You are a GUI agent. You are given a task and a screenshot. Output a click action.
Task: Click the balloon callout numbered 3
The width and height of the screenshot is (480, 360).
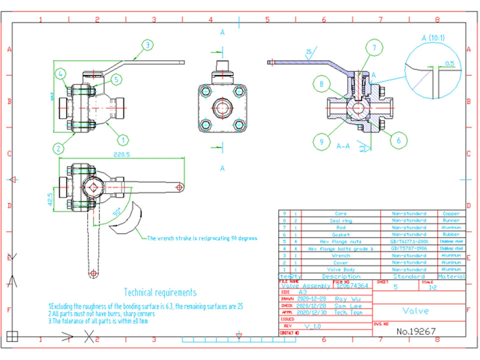[x=148, y=45]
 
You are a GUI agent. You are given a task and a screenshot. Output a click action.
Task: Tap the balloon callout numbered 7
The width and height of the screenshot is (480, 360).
[x=374, y=48]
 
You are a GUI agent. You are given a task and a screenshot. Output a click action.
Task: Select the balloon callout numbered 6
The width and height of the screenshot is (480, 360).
[x=399, y=141]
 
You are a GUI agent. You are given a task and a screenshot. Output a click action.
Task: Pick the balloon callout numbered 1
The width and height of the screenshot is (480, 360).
[x=123, y=140]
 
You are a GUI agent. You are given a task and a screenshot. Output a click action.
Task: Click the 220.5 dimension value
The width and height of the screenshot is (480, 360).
[x=122, y=154]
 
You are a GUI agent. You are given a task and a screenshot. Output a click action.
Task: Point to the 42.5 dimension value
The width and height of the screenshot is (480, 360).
[x=50, y=199]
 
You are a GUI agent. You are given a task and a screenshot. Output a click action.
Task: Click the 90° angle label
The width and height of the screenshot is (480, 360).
[x=117, y=212]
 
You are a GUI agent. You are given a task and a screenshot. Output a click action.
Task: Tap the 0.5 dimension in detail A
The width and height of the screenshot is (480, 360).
[x=449, y=63]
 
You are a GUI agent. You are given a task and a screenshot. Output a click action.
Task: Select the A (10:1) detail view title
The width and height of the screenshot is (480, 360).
[x=433, y=38]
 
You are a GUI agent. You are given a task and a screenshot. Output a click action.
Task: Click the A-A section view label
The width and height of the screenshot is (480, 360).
[x=343, y=146]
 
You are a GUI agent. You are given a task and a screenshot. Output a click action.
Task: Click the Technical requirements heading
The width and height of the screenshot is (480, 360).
[x=160, y=293]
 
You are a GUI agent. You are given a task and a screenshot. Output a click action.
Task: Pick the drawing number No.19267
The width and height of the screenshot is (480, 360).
[x=416, y=331]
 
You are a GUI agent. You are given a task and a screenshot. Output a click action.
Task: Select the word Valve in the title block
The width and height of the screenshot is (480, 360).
[x=416, y=311]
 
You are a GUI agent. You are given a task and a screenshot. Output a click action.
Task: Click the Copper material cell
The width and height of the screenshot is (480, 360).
[x=451, y=214]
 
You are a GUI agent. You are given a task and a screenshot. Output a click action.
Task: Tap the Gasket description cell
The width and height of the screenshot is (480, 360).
[x=340, y=234]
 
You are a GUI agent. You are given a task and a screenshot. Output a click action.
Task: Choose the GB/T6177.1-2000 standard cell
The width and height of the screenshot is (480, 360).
[x=409, y=241]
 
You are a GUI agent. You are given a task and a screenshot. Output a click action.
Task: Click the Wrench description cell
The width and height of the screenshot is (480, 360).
[x=341, y=256]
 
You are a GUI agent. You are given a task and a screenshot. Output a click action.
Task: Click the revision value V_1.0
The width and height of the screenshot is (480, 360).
[x=313, y=326]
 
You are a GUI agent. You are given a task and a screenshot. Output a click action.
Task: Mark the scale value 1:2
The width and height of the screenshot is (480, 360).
[x=432, y=288]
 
